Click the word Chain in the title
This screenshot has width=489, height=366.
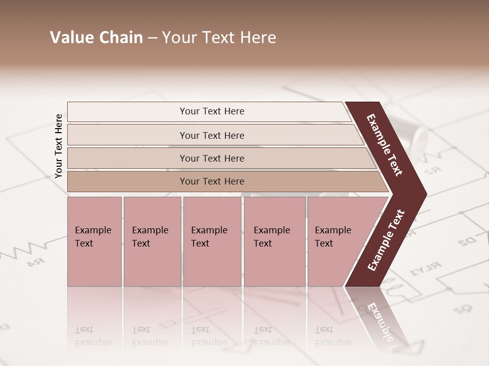coord(121,38)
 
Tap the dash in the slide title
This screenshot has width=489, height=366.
coord(152,38)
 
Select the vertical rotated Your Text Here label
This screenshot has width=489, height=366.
coord(59,146)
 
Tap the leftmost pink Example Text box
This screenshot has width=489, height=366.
coord(94,241)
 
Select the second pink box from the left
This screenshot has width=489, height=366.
coord(152,241)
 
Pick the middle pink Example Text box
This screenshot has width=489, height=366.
coord(212,241)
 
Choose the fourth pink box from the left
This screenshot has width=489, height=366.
coord(275,241)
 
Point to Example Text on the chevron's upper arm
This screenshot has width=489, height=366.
coord(385,145)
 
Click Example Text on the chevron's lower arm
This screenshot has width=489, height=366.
coord(387,240)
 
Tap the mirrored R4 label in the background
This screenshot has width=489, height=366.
coord(34,262)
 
